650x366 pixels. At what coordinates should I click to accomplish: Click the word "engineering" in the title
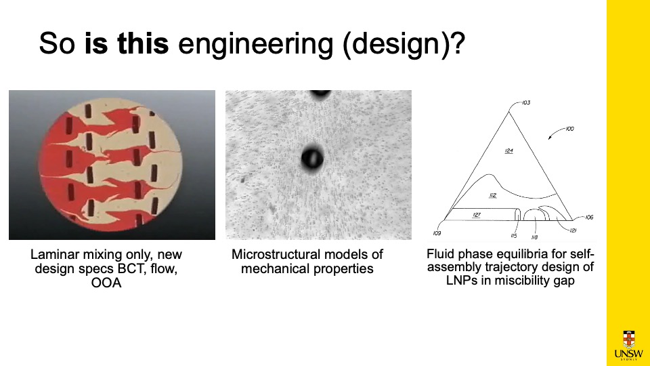(255, 43)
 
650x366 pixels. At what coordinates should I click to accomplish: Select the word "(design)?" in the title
(404, 43)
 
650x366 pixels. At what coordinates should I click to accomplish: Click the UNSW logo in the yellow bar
(628, 345)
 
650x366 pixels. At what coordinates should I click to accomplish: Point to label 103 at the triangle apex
(526, 102)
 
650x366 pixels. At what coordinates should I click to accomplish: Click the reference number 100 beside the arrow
(570, 129)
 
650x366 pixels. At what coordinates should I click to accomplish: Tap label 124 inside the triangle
(509, 150)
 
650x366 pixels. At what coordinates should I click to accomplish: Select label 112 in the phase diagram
(492, 195)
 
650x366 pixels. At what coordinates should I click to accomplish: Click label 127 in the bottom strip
(476, 215)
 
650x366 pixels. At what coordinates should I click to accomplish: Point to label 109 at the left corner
(437, 233)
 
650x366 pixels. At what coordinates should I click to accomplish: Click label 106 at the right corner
(589, 217)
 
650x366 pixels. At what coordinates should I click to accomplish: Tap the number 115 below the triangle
(514, 236)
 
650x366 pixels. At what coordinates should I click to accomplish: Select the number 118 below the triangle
(534, 237)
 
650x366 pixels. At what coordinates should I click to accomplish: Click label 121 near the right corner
(573, 230)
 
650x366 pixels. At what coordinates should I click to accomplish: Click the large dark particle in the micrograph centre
(312, 158)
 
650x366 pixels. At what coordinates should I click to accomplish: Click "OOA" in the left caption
(106, 283)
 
